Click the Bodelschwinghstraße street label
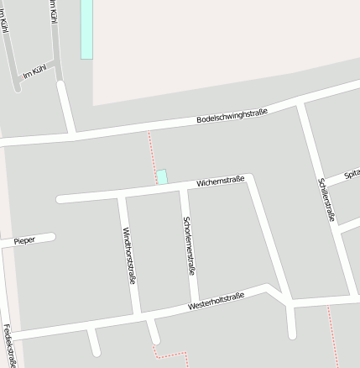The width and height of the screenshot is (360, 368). coord(232,116)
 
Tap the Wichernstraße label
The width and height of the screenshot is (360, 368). coord(220,181)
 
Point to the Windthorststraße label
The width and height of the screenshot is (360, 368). coord(128,256)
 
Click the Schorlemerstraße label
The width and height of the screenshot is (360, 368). coord(189,246)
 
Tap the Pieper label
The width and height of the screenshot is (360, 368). coord(24,241)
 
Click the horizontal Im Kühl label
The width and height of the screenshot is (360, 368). coord(34,72)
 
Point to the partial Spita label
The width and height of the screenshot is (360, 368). coord(352,174)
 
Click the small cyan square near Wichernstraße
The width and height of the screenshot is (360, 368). coord(162,176)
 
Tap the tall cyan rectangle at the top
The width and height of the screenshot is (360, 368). coord(86,29)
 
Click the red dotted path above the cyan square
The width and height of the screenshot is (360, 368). coord(152,151)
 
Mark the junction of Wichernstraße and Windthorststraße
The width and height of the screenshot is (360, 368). coord(122,197)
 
